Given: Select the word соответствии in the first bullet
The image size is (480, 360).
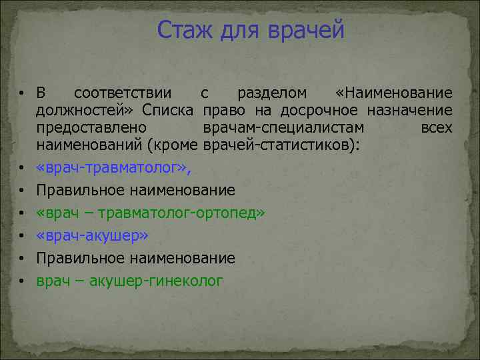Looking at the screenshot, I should click(123, 93).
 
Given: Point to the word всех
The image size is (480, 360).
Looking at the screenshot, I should click(437, 127).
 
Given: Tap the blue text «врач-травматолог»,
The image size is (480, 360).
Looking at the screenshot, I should click(113, 167).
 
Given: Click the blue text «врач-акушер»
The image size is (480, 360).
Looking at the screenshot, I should click(93, 235).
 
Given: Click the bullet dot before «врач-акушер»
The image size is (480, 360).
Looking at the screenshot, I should click(22, 236).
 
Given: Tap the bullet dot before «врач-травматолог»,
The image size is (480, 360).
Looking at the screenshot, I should click(22, 168).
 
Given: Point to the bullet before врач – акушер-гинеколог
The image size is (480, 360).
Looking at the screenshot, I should click(22, 281).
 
